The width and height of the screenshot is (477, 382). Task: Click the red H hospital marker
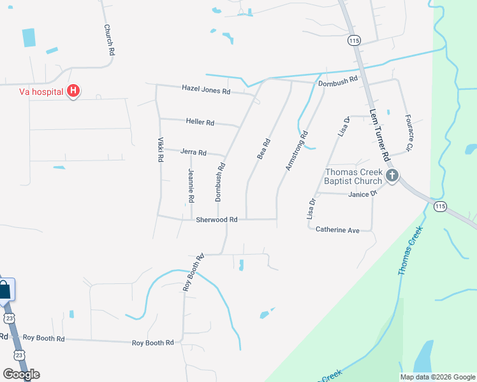point(73,92)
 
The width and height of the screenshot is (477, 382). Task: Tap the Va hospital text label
point(40,92)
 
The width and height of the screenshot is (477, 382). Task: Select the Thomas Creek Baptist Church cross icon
point(392,175)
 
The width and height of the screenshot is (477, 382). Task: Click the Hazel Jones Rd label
point(205,90)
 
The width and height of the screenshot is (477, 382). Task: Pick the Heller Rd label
point(200,122)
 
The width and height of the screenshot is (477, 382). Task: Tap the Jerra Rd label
point(193,153)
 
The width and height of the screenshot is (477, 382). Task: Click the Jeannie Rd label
point(191,186)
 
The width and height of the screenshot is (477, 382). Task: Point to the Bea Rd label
point(264,149)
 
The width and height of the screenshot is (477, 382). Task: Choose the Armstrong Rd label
point(297,150)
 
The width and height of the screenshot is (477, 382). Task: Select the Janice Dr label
point(363,194)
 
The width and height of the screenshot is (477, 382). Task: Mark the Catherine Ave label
point(338,229)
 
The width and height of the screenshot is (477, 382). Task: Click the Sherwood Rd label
point(216,219)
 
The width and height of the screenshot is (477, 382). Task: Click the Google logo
point(21,374)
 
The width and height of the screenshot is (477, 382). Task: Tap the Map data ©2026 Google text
point(437,377)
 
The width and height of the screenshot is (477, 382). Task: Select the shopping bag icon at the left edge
point(5,290)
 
